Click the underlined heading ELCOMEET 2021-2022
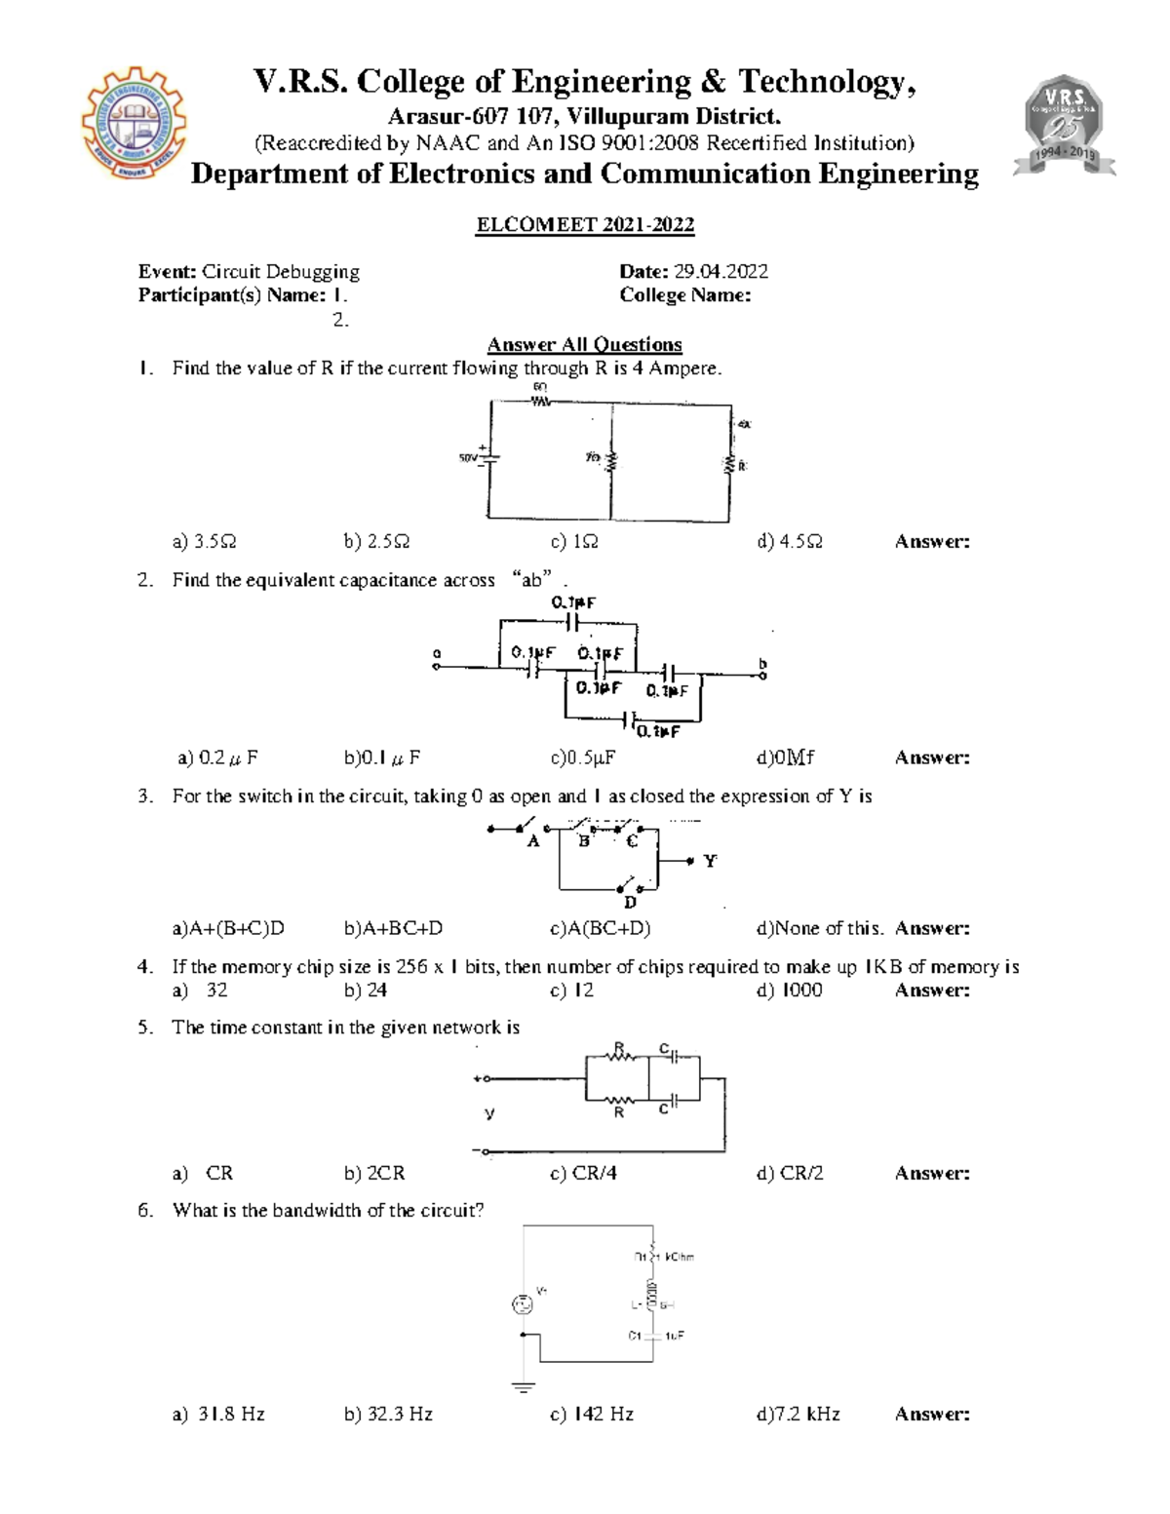(x=585, y=225)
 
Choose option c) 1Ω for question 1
(x=574, y=541)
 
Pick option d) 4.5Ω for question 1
(x=790, y=541)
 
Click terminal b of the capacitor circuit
(x=762, y=673)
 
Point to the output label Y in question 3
(x=710, y=861)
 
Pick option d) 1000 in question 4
(x=790, y=990)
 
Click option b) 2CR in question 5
(x=374, y=1173)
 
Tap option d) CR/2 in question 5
(x=790, y=1173)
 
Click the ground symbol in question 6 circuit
(x=524, y=1385)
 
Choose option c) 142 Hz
(x=592, y=1414)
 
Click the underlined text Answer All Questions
(x=584, y=344)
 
